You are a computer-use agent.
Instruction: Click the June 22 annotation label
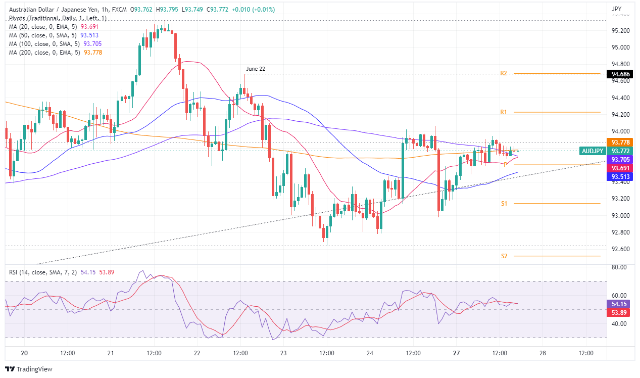(x=255, y=69)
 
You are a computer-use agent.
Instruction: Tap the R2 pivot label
(x=504, y=73)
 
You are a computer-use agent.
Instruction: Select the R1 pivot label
(x=504, y=112)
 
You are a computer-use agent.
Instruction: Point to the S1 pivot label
(x=504, y=204)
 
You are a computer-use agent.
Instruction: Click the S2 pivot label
(x=504, y=256)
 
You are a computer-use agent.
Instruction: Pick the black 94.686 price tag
(x=620, y=74)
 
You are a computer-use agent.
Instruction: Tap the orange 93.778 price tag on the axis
(x=620, y=143)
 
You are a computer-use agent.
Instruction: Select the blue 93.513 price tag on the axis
(x=620, y=176)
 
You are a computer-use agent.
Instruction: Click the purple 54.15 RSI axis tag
(x=620, y=304)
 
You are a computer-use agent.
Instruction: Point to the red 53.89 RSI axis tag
(x=620, y=313)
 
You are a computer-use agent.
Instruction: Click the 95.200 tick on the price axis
(x=620, y=31)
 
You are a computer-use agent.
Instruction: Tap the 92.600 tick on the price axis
(x=620, y=249)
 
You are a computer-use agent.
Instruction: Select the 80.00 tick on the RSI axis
(x=619, y=267)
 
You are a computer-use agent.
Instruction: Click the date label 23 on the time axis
(x=283, y=353)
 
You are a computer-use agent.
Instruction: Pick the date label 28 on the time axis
(x=542, y=353)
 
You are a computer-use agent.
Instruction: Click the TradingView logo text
(x=34, y=369)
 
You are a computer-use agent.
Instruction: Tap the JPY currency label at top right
(x=616, y=9)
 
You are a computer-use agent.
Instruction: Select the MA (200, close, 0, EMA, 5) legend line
(x=46, y=53)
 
